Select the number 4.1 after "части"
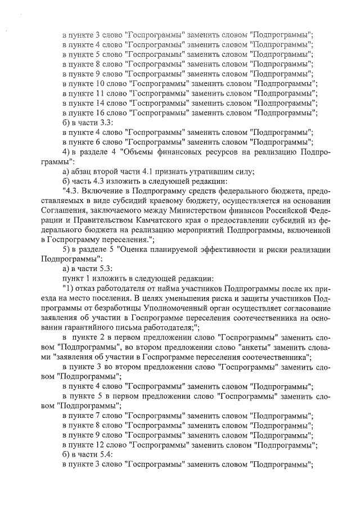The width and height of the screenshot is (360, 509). tap(153, 172)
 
